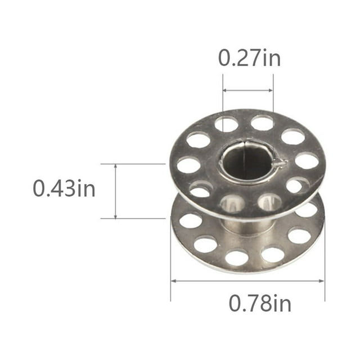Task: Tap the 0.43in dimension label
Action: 64,188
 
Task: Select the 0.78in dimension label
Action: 260,303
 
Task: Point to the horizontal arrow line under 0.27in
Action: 248,90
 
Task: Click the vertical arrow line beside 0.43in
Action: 115,191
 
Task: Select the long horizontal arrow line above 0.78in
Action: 247,281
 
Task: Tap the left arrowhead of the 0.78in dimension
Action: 173,281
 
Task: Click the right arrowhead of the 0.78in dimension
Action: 322,281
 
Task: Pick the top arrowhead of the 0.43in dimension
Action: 115,166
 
